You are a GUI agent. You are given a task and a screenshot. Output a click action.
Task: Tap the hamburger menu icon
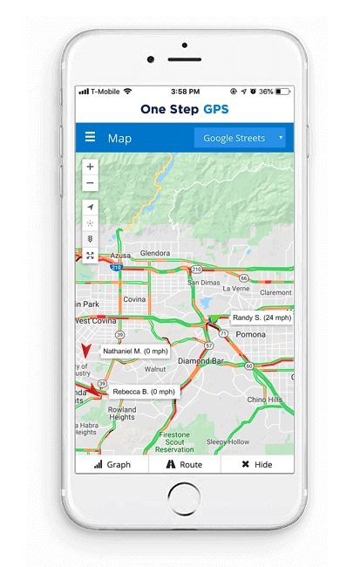click(x=90, y=138)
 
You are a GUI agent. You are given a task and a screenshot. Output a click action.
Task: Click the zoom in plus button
click(x=91, y=167)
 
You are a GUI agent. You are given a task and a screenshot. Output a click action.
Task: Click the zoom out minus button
click(x=91, y=183)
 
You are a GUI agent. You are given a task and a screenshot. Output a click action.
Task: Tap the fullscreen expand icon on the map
click(x=91, y=256)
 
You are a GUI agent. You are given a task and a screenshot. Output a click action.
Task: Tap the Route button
click(x=184, y=465)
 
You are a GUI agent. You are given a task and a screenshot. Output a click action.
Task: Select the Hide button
click(x=257, y=465)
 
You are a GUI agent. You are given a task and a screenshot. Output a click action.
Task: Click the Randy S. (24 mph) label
click(x=262, y=318)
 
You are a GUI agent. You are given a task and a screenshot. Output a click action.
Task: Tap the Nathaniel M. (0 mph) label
click(x=135, y=352)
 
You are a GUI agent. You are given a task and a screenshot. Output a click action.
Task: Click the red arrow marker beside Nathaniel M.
click(x=85, y=351)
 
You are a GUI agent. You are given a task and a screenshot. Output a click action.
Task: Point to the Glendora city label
click(x=155, y=254)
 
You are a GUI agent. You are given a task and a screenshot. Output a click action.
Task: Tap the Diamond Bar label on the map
click(x=199, y=360)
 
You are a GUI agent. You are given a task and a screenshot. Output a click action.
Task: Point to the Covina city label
click(x=134, y=299)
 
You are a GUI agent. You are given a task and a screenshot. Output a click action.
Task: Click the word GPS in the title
click(x=214, y=110)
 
